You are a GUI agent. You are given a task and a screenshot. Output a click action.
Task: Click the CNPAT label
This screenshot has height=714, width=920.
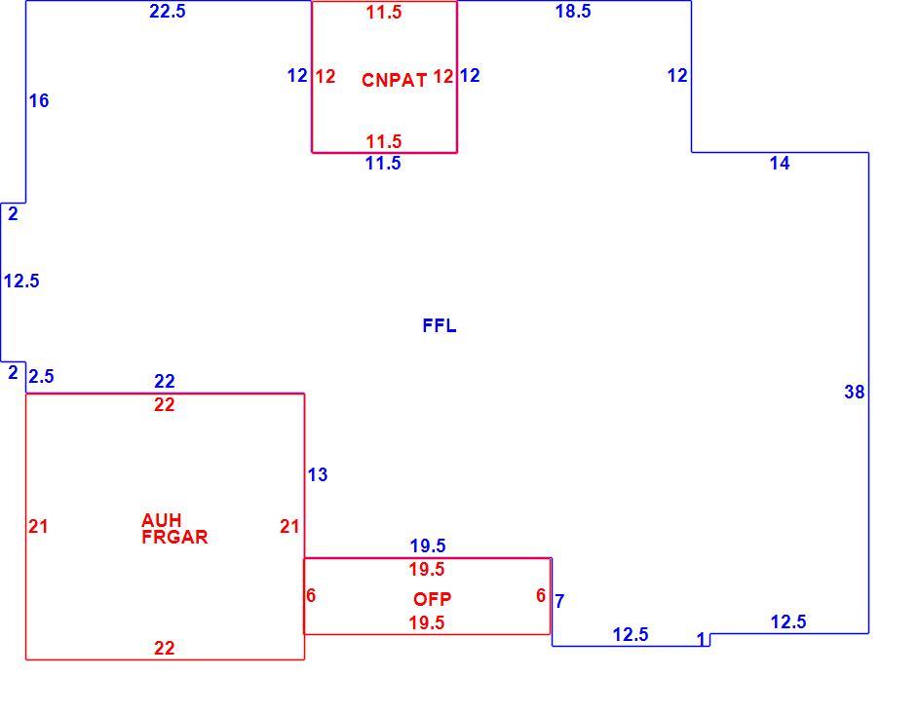(x=395, y=80)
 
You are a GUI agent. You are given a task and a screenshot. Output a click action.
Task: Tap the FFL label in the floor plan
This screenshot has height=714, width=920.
(x=440, y=326)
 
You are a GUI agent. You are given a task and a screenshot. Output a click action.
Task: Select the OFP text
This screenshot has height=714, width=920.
(x=433, y=599)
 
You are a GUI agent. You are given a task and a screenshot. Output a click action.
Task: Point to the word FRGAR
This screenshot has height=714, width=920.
(x=174, y=537)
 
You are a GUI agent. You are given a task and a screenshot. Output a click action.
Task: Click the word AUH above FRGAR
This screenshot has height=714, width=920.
(x=162, y=520)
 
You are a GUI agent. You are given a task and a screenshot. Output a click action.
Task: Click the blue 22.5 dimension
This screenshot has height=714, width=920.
(x=168, y=11)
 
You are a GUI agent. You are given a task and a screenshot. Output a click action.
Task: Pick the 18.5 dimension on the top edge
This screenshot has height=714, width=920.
(x=573, y=11)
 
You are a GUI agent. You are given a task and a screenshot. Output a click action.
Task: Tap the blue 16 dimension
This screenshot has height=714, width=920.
(x=39, y=101)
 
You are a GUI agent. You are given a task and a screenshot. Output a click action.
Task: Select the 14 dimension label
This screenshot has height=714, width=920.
(x=780, y=164)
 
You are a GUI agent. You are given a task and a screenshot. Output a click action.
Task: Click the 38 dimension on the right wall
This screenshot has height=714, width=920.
(x=855, y=393)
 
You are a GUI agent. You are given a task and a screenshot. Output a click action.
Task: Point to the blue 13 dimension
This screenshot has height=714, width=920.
(x=318, y=474)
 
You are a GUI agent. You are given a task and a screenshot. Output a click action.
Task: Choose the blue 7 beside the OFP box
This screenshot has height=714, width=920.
(x=559, y=601)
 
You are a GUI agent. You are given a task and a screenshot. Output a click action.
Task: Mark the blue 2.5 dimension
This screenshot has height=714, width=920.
(x=41, y=376)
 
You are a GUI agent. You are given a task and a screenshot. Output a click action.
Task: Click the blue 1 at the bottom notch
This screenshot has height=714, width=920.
(x=701, y=640)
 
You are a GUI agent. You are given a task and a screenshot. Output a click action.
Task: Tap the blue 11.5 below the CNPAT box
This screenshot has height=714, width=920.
(x=383, y=164)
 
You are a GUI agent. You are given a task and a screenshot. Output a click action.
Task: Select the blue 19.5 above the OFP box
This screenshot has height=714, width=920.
(x=428, y=546)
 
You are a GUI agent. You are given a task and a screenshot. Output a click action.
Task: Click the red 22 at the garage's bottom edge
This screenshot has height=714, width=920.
(x=165, y=649)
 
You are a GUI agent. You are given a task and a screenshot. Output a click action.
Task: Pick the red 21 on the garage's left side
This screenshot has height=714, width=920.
(x=38, y=526)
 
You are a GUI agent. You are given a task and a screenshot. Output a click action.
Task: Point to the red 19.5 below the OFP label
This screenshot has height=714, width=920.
(x=427, y=622)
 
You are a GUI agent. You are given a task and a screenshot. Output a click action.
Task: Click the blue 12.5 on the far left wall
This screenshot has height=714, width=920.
(x=21, y=282)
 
